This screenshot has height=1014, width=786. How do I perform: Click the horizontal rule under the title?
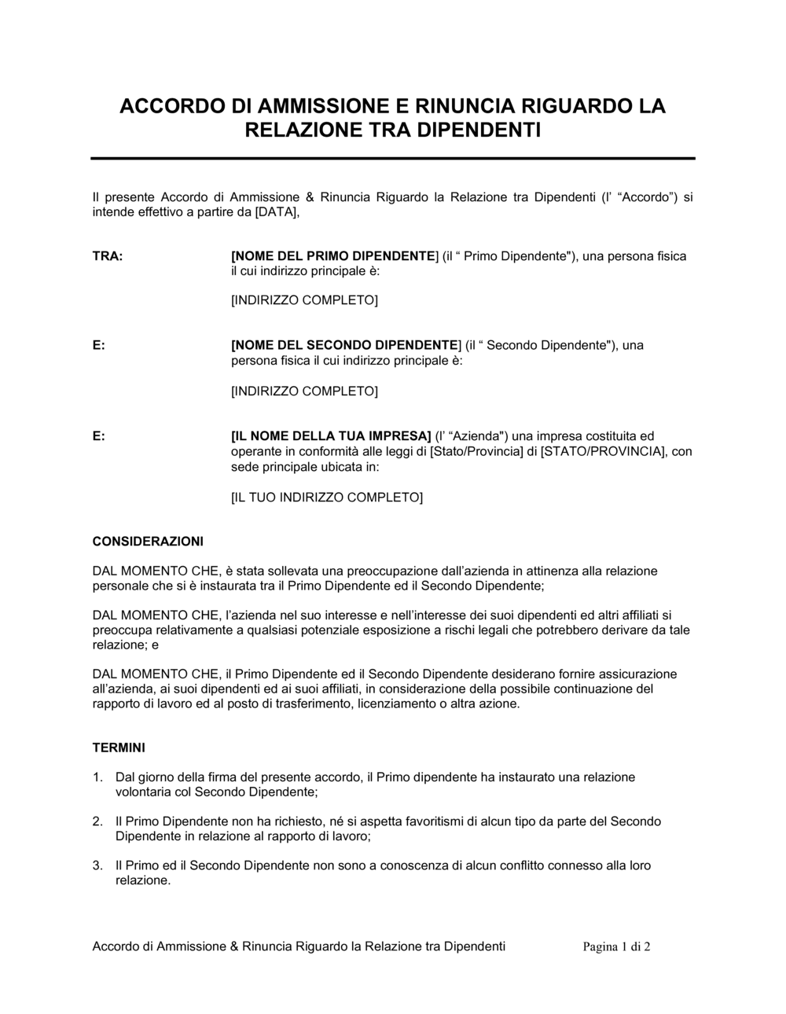click(393, 158)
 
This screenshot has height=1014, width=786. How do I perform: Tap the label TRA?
click(108, 256)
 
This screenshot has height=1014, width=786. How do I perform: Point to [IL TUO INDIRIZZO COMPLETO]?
click(326, 498)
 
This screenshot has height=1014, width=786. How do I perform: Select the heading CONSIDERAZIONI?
click(148, 542)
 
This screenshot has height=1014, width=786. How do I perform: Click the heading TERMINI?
click(119, 748)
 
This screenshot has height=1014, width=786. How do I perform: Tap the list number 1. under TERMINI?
click(97, 777)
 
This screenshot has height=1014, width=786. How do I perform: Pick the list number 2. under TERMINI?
click(97, 821)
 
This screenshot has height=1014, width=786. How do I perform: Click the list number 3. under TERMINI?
click(97, 865)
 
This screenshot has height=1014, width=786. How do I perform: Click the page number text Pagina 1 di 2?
click(616, 947)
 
